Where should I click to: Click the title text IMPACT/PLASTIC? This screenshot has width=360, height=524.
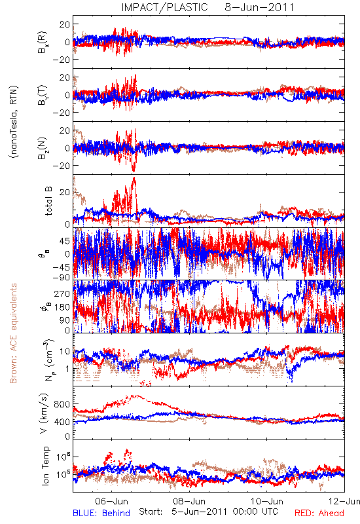click(x=165, y=7)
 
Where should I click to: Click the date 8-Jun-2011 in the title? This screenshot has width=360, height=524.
click(x=259, y=7)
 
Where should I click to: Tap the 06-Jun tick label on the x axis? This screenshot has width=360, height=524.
click(x=111, y=501)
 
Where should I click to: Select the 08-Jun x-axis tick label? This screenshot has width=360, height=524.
click(x=189, y=501)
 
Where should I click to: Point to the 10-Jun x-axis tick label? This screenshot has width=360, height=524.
click(x=267, y=501)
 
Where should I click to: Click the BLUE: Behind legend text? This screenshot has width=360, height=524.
click(x=101, y=513)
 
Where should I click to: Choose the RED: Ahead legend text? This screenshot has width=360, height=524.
click(x=319, y=513)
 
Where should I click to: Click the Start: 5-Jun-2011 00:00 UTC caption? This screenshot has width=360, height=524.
click(x=208, y=512)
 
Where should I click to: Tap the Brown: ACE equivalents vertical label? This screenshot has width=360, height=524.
click(x=13, y=333)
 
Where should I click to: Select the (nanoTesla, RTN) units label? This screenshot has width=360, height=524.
click(x=14, y=122)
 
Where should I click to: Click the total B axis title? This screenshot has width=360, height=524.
click(x=48, y=201)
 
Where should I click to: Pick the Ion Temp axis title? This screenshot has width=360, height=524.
click(x=46, y=466)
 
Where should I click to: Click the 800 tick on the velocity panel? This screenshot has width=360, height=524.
click(x=63, y=404)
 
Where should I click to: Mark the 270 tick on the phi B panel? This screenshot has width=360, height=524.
click(x=63, y=293)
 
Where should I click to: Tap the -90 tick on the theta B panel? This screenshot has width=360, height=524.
click(x=61, y=278)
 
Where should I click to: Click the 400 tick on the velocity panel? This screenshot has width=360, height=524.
click(x=63, y=422)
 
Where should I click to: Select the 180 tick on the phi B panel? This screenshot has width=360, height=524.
click(x=63, y=307)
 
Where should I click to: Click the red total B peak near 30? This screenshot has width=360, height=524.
click(x=134, y=178)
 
